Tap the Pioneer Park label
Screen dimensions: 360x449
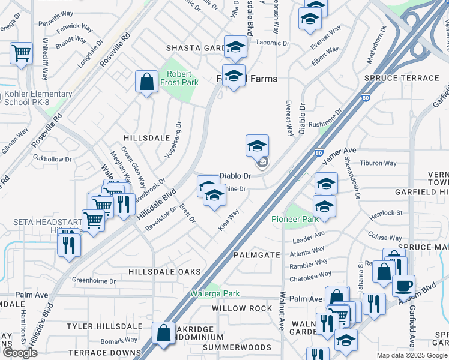click(x=295, y=219)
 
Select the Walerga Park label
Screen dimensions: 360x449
click(x=215, y=293)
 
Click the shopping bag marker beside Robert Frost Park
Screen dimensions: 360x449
click(x=146, y=82)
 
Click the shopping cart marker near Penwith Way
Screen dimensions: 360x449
click(x=21, y=53)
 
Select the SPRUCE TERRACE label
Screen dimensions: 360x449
click(x=402, y=79)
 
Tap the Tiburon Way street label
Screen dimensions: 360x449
click(x=378, y=163)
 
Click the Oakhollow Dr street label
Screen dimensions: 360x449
click(x=52, y=160)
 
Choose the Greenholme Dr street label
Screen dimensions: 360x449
click(x=93, y=280)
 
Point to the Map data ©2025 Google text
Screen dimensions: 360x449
click(x=411, y=355)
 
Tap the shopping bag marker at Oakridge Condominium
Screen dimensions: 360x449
click(x=163, y=333)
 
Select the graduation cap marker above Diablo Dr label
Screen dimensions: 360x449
click(x=257, y=146)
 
